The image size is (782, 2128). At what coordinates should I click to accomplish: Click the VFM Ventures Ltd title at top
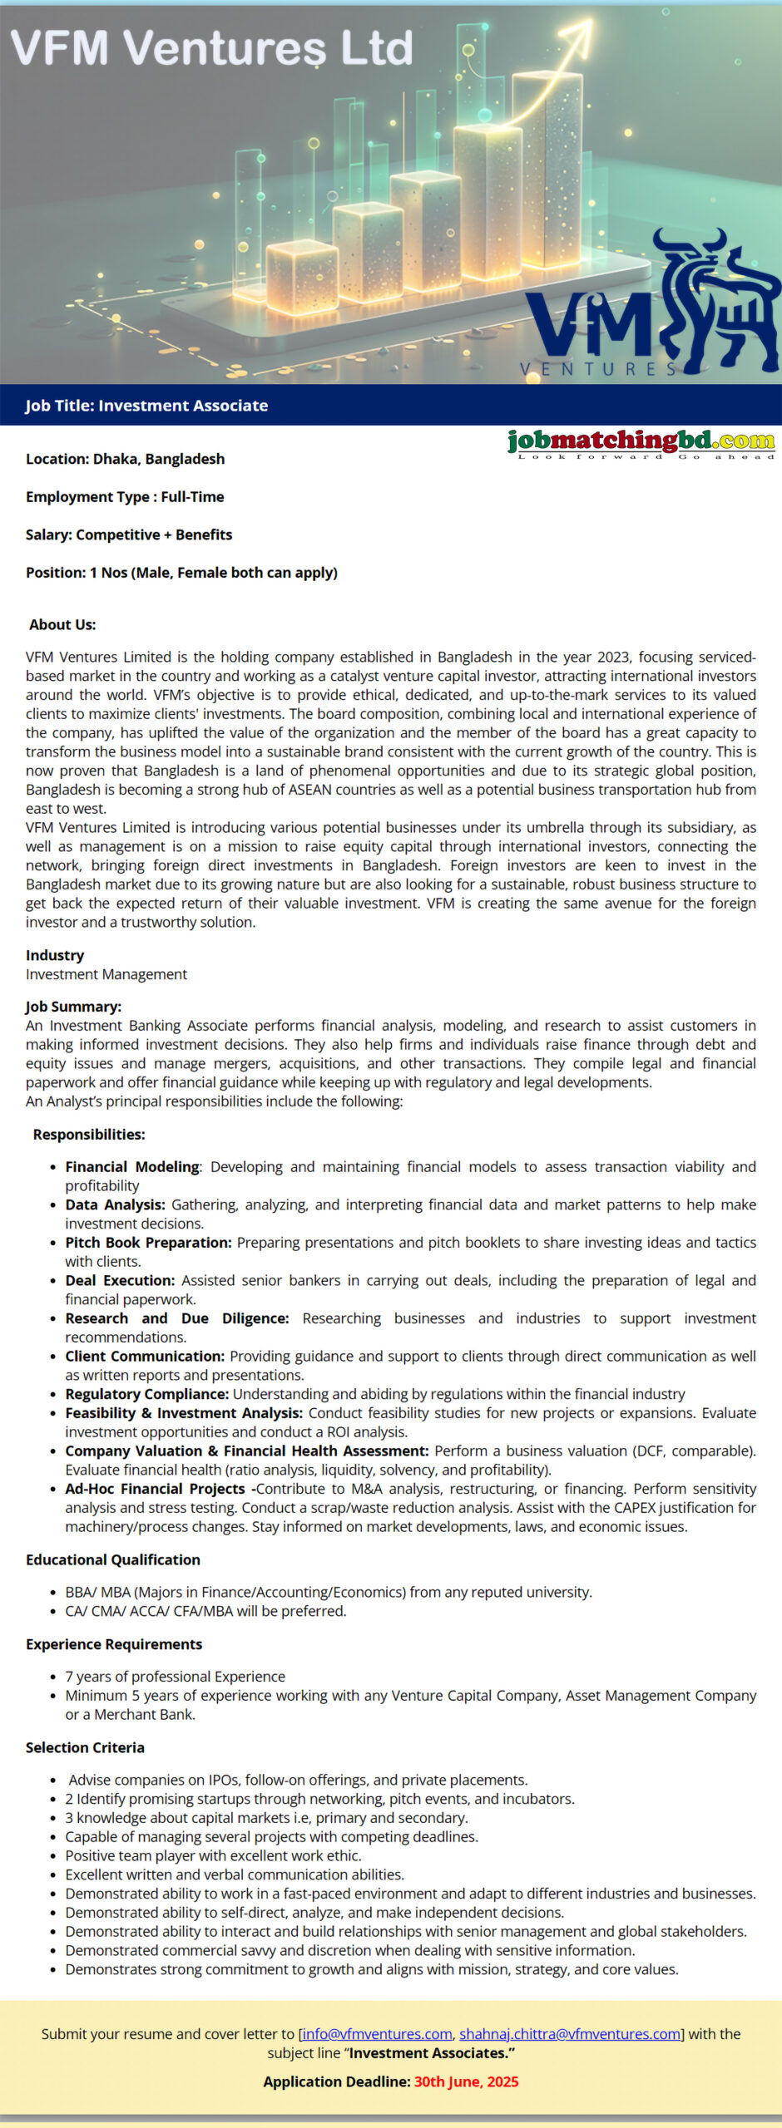point(212,47)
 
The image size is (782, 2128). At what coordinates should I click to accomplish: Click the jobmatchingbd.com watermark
point(641,442)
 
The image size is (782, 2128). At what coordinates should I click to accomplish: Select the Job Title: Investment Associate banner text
point(146,406)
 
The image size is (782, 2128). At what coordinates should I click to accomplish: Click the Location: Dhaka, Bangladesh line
point(125,459)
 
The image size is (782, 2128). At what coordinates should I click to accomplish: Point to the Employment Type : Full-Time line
point(125,497)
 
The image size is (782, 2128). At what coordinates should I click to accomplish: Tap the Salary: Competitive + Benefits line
point(129,534)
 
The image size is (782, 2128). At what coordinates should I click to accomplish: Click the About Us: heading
point(62,624)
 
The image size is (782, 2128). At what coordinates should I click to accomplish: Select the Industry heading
point(55,955)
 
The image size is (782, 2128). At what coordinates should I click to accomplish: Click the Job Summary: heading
point(73,1007)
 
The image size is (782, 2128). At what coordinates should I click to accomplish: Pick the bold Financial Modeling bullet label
point(132,1166)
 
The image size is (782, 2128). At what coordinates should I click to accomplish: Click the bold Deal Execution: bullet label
point(120,1280)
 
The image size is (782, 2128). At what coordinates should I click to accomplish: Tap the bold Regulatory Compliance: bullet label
point(146,1394)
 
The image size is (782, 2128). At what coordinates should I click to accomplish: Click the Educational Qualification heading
point(113,1559)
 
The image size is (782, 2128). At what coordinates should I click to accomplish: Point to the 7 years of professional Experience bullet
point(175,1677)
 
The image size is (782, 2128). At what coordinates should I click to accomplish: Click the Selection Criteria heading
point(85,1747)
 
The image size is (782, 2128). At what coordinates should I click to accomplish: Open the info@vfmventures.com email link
point(377,2034)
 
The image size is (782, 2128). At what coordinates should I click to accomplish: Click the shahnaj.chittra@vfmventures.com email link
point(570,2034)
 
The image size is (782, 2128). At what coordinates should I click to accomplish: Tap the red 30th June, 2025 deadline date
point(466,2081)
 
